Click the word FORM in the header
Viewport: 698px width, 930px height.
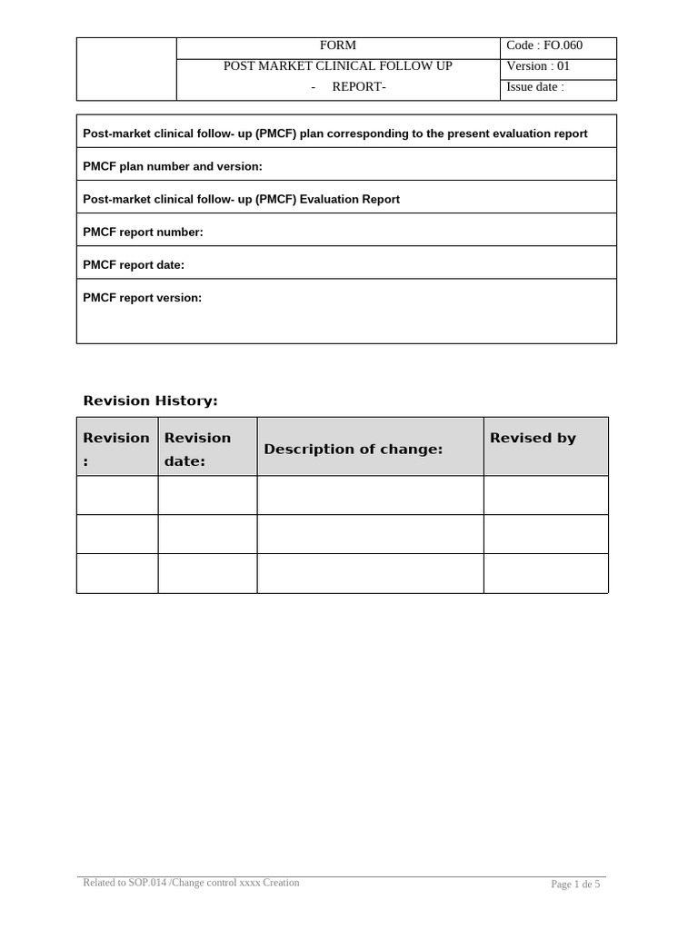coord(337,45)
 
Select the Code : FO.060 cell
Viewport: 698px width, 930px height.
coord(544,45)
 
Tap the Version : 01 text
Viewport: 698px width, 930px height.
coord(538,66)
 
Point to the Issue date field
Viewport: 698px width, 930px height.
coord(535,87)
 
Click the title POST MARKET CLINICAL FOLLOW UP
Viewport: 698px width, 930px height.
coord(337,66)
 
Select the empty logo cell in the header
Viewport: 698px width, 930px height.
coord(125,68)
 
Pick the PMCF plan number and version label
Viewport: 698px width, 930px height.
coord(172,166)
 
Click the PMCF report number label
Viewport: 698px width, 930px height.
coord(143,232)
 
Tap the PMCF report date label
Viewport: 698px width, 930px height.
coord(134,265)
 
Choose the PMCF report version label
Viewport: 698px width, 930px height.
coord(142,298)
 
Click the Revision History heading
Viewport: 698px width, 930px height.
coord(150,401)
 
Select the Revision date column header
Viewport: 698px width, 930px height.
coord(197,449)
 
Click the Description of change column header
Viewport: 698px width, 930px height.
coord(353,450)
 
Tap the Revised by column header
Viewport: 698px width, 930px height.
coord(533,438)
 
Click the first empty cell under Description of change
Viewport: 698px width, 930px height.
coord(370,495)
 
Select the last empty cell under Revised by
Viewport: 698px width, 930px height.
coord(545,573)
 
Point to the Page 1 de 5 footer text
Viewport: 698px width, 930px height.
coord(575,885)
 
